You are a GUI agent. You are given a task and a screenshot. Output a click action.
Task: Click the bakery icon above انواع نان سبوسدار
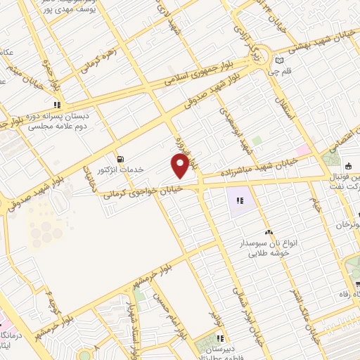(x=267, y=232)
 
